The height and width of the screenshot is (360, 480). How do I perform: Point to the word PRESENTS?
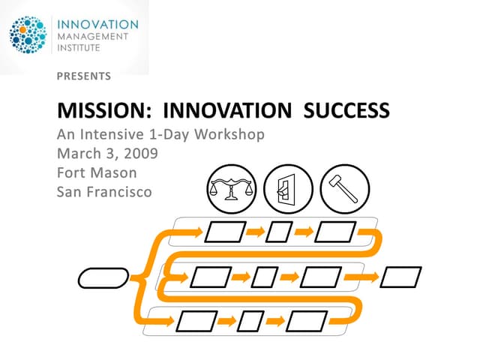click(84, 76)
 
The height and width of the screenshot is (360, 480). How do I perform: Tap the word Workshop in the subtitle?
click(229, 136)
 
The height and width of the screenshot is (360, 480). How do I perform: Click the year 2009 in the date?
click(142, 154)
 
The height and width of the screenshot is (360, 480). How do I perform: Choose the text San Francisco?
click(104, 191)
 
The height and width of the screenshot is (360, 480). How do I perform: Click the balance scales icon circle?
click(231, 188)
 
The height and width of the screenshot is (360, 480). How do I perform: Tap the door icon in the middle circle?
click(288, 188)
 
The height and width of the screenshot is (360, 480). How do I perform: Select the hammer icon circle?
click(345, 188)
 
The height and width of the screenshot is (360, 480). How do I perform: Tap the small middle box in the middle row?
click(265, 277)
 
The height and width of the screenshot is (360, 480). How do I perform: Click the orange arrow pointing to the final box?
click(370, 277)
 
